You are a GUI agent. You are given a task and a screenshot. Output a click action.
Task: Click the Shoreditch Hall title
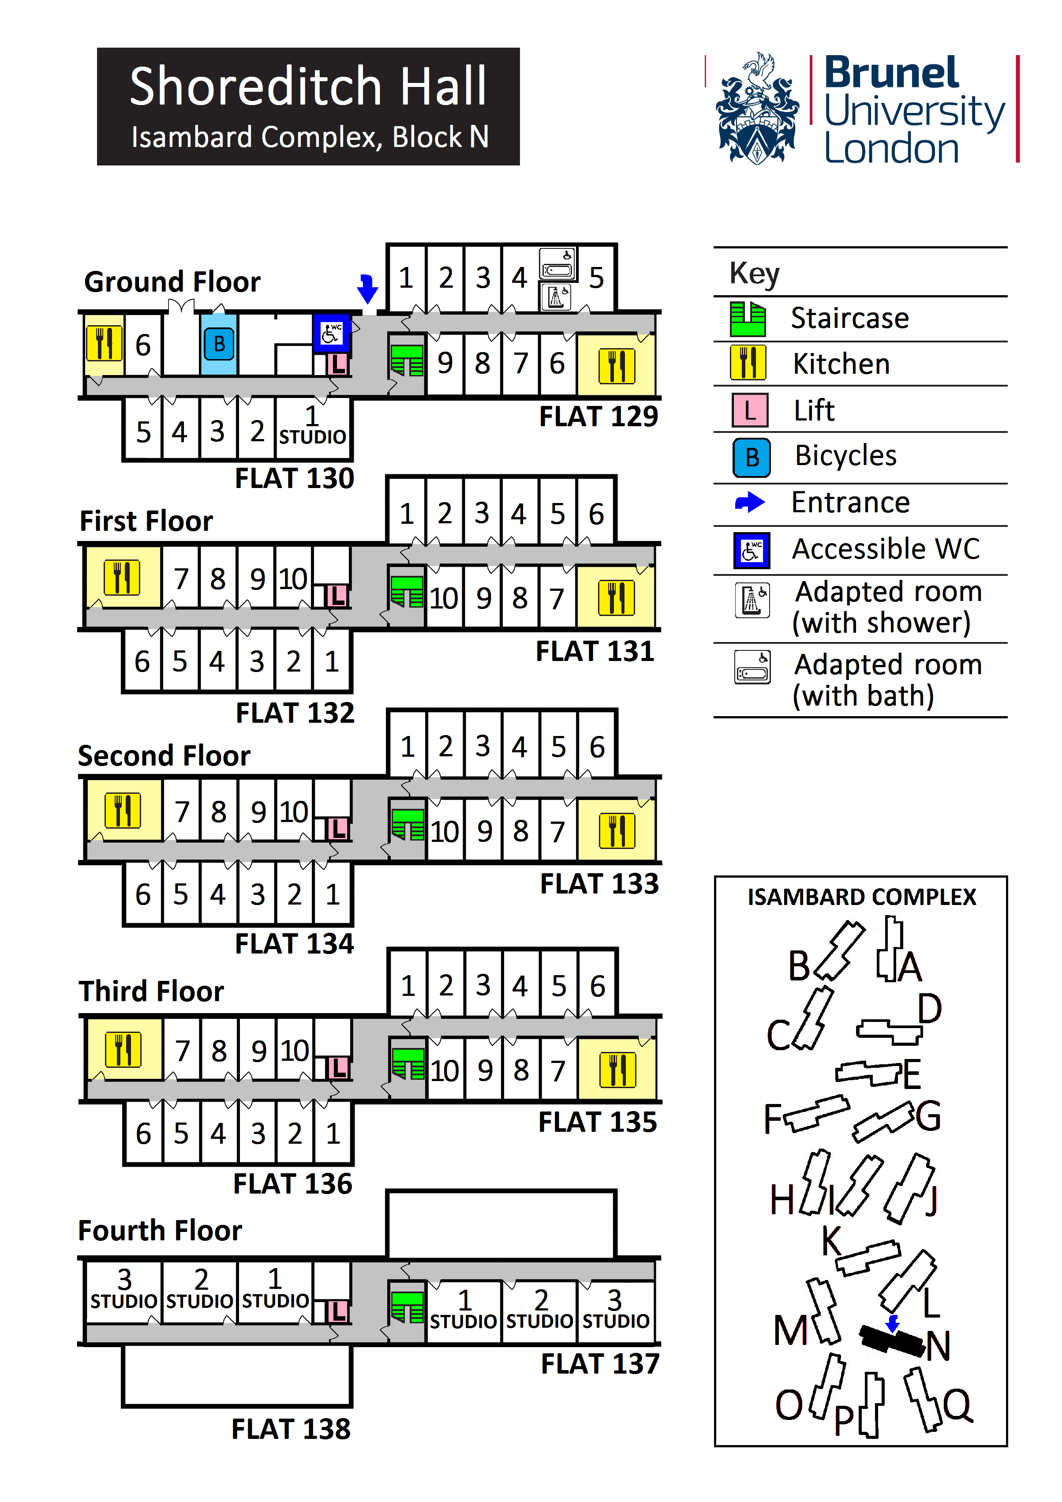point(308,87)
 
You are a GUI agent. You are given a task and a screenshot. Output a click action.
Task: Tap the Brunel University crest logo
point(757,110)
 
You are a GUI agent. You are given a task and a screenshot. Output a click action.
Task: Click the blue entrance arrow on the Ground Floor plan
point(367,289)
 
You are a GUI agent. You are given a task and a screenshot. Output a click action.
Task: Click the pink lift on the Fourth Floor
point(337,1311)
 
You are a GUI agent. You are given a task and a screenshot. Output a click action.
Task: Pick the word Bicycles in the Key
point(845,456)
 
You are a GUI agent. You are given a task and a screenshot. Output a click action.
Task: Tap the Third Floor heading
point(151,991)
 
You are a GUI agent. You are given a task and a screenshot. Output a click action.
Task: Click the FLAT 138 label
point(291,1429)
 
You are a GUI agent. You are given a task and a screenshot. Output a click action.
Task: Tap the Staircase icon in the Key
point(748,319)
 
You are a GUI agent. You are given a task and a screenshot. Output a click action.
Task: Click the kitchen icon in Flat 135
point(617,1070)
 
